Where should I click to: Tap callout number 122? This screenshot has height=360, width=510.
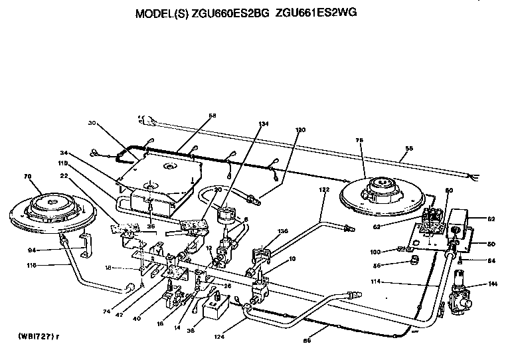pyautogui.click(x=323, y=189)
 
